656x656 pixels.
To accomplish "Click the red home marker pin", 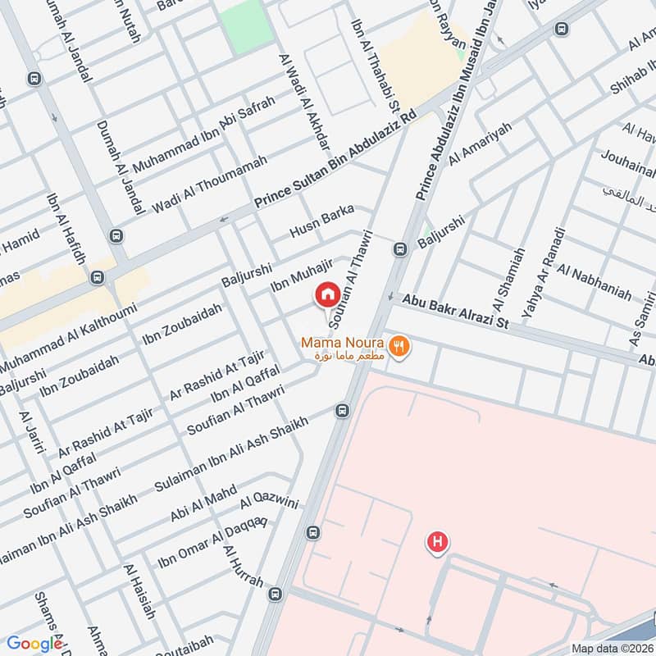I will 327,294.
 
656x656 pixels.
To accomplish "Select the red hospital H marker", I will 437,542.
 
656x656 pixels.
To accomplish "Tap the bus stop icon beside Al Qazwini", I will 312,532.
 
